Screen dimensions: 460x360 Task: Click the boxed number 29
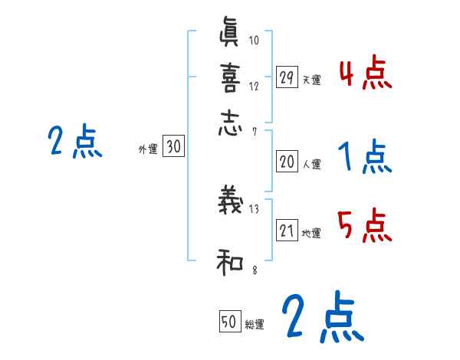[287, 77]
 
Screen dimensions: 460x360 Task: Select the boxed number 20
[287, 162]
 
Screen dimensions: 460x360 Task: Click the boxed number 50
[229, 322]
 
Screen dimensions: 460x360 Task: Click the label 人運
[311, 164]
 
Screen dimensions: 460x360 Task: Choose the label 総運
[255, 324]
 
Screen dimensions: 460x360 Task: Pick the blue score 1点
[366, 157]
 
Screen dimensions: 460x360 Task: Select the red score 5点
[366, 227]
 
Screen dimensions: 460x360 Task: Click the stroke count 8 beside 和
[253, 270]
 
